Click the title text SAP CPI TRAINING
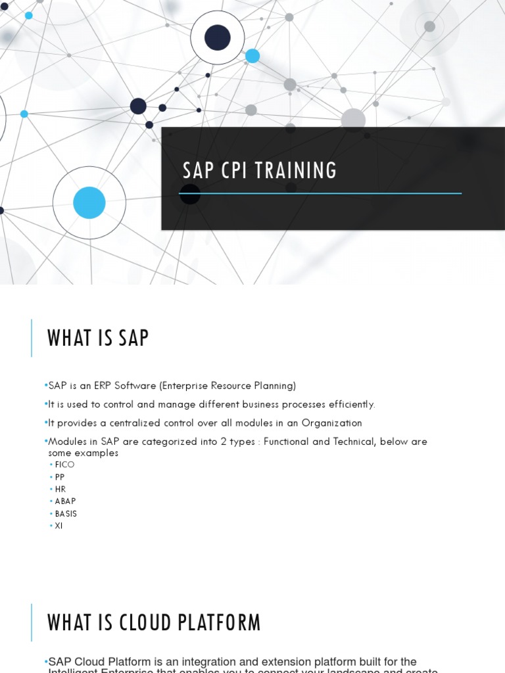click(260, 171)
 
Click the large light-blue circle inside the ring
click(89, 202)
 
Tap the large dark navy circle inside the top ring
click(217, 37)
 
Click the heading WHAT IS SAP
click(98, 338)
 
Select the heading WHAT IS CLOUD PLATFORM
click(154, 622)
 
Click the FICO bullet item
click(64, 465)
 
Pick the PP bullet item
click(60, 477)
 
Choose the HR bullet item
click(60, 489)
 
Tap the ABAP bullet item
click(65, 501)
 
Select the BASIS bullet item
click(66, 514)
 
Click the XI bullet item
click(59, 526)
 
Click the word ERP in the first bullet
click(102, 386)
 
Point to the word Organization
click(332, 423)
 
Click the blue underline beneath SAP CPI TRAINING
click(320, 193)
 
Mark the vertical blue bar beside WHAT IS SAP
click(32, 338)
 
